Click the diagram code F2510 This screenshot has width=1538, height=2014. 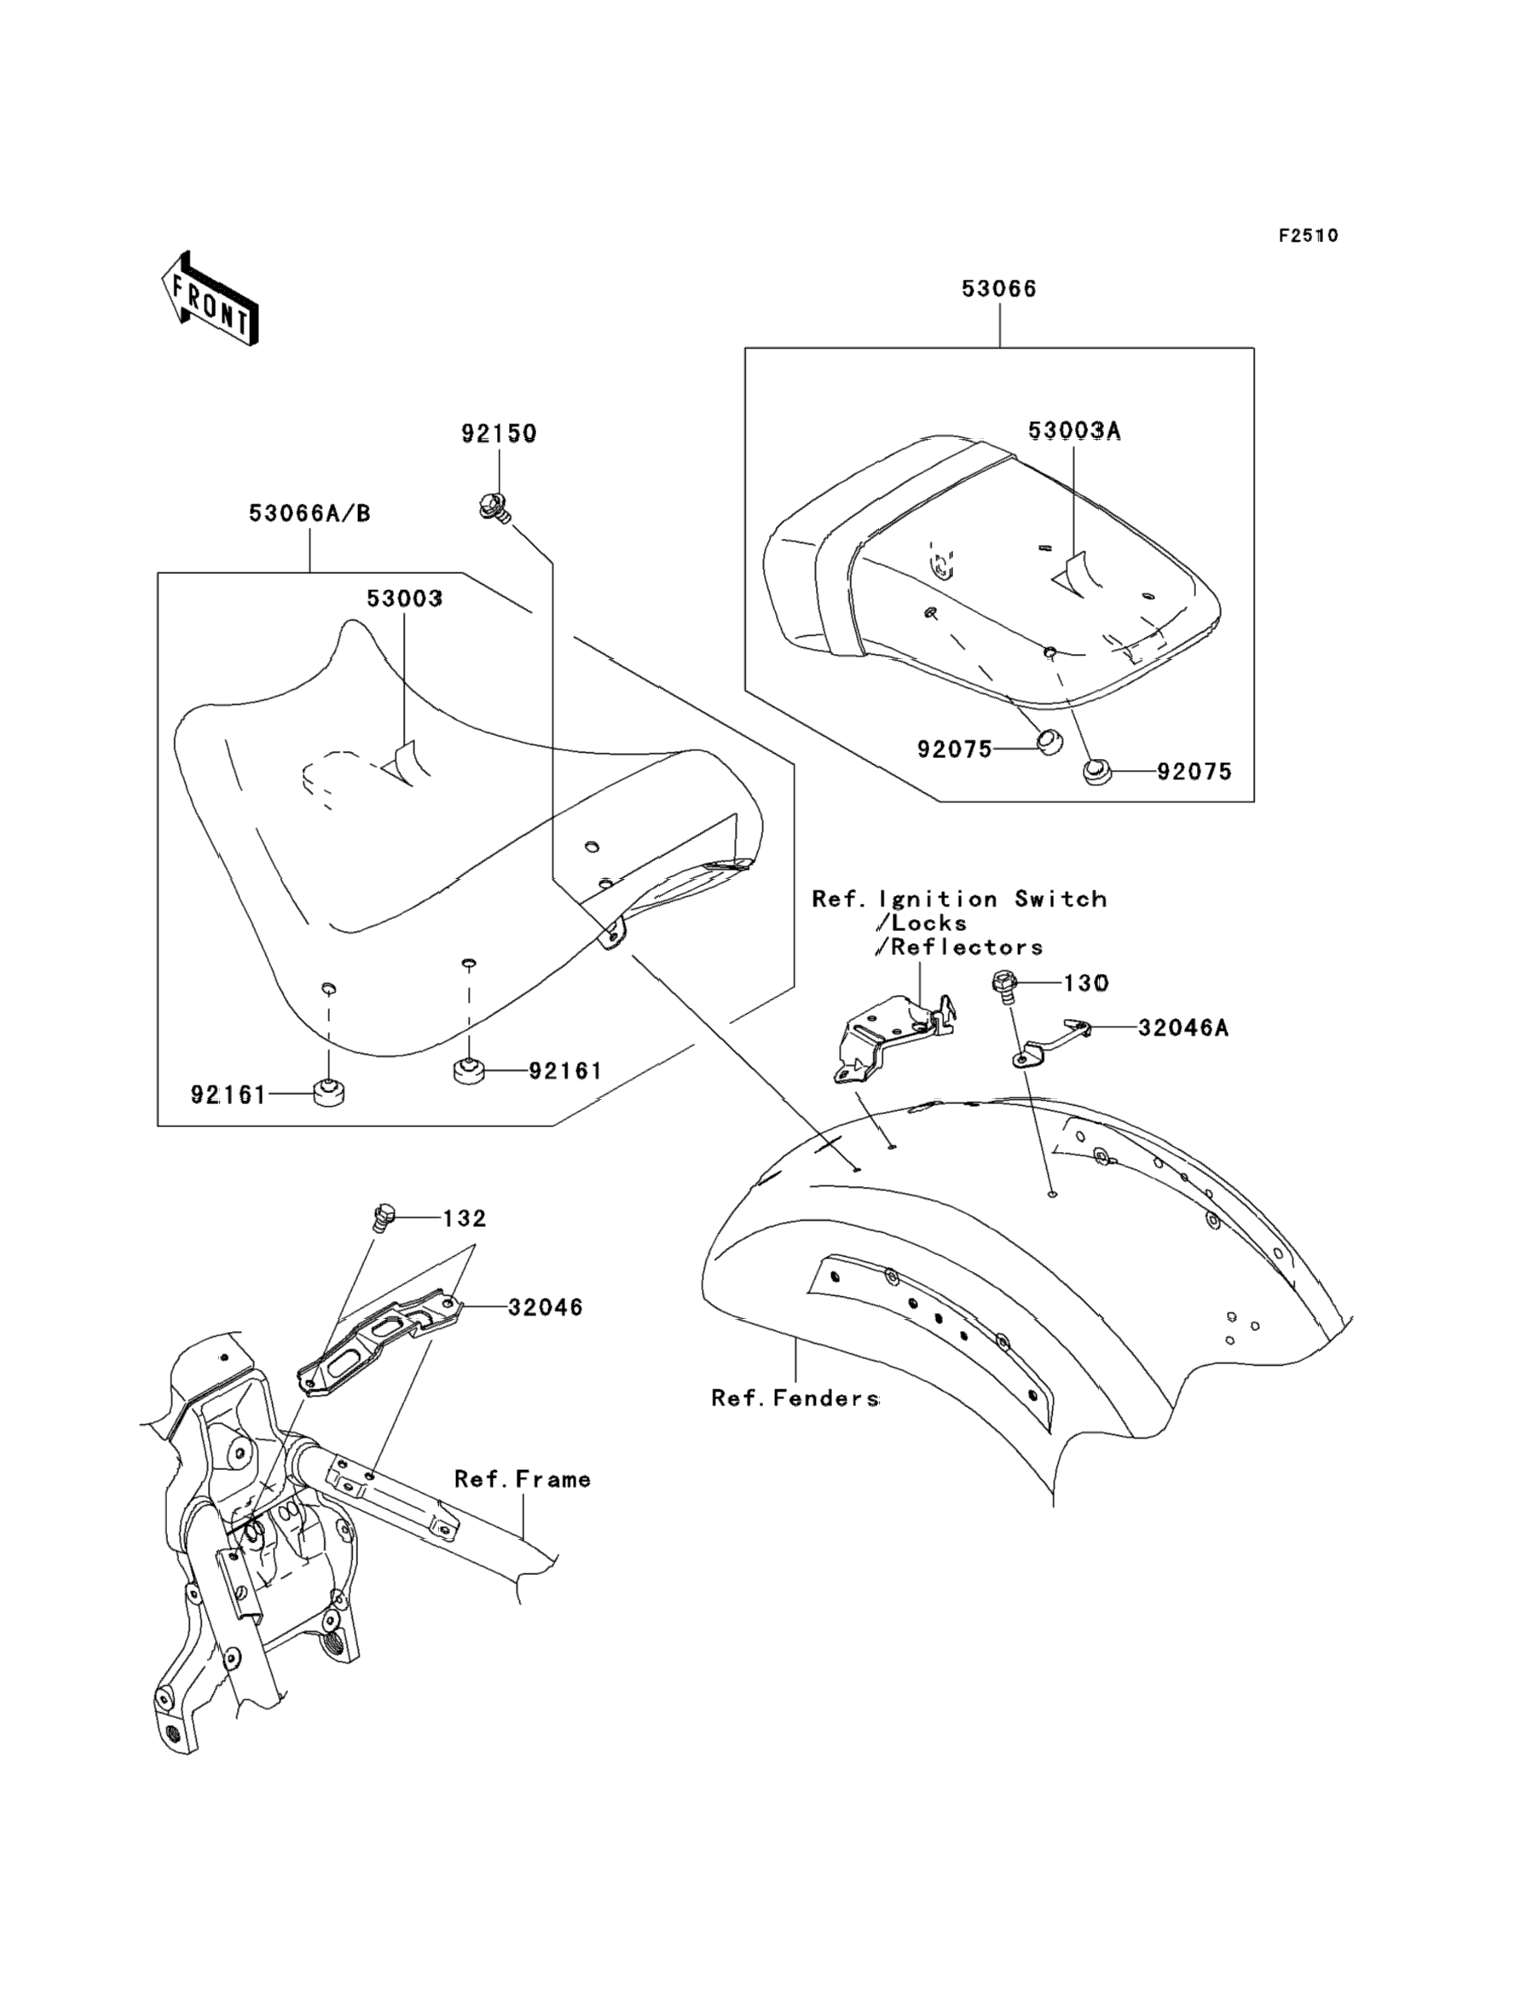1308,236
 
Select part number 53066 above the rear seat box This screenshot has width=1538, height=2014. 999,289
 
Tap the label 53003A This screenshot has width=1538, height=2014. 1074,431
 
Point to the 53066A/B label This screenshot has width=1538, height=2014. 309,513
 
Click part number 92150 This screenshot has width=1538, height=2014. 498,434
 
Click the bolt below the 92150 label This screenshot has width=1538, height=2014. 494,506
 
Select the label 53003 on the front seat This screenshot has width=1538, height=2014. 405,599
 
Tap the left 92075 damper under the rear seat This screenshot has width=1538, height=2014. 1049,741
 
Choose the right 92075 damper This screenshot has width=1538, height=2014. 1096,772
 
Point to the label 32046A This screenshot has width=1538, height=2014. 1182,1028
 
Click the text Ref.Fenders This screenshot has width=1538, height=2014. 795,1398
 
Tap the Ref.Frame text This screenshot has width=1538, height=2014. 522,1479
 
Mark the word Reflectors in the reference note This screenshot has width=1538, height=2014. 967,946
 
